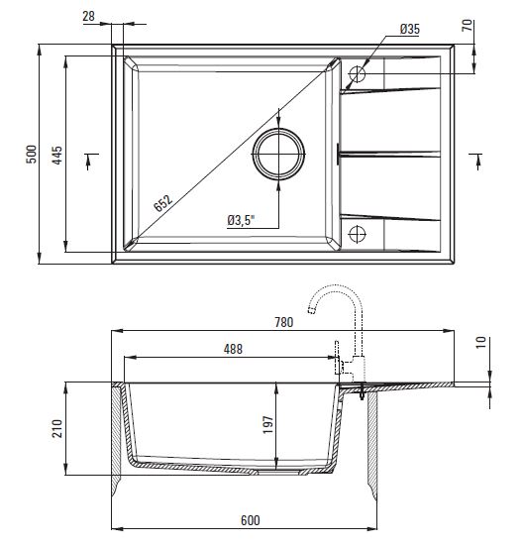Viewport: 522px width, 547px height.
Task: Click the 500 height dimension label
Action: (x=31, y=154)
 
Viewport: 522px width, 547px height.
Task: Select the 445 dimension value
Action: (x=56, y=155)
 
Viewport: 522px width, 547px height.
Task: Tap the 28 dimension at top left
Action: (x=88, y=16)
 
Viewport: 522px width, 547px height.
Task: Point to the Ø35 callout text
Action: (x=410, y=29)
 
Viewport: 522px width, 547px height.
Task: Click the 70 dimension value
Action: (x=468, y=25)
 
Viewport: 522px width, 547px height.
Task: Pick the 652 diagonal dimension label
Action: (x=162, y=203)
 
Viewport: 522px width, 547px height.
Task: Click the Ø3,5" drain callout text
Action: (x=241, y=220)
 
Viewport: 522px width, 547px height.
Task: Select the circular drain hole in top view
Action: (x=278, y=154)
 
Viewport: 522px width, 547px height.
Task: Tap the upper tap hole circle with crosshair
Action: (x=357, y=74)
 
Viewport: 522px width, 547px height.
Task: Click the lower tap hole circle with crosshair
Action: (x=357, y=234)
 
